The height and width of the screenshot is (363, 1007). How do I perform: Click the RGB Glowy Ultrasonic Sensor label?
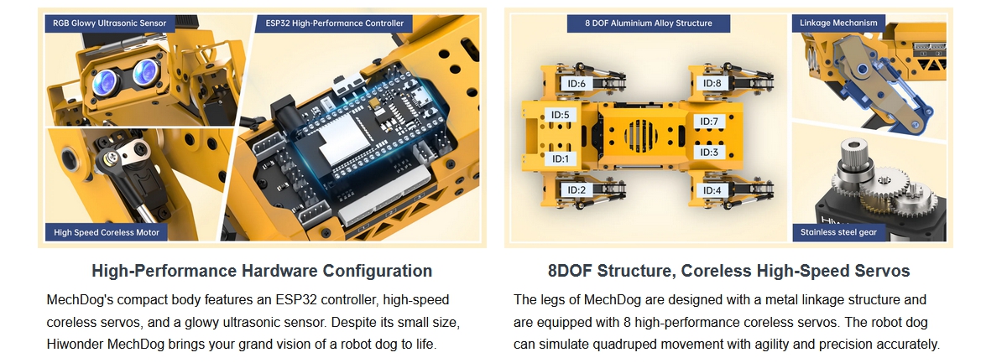tap(110, 23)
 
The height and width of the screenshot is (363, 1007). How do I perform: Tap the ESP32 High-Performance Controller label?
tap(334, 23)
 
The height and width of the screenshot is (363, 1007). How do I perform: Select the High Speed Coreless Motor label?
tap(107, 232)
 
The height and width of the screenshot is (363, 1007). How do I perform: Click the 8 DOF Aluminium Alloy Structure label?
tap(648, 23)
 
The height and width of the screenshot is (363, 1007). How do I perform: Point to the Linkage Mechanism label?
tap(838, 23)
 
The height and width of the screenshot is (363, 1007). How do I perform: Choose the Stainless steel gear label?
tap(838, 232)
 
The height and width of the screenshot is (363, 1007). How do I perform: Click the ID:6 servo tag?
tap(577, 84)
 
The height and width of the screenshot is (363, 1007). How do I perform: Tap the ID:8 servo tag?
tap(712, 83)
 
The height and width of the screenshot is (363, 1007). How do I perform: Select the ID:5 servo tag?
tap(561, 115)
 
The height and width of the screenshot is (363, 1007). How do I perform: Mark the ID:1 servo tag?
tap(561, 158)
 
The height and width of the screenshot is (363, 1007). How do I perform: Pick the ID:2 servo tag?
tap(577, 190)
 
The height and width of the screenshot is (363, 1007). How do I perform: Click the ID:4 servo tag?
tap(712, 190)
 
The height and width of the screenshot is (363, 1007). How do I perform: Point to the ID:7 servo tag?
tap(709, 122)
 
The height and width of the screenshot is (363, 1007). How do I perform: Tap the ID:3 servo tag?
tap(709, 153)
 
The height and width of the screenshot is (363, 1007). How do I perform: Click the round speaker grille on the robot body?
tap(641, 135)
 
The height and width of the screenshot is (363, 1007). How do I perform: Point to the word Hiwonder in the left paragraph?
tap(75, 344)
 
